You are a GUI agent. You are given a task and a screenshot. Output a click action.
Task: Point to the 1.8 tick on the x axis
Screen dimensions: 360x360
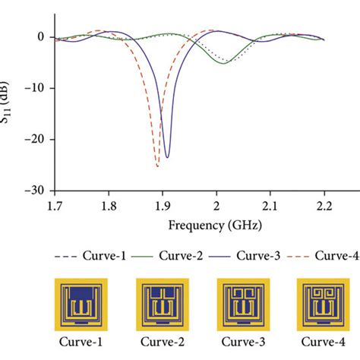click(109, 205)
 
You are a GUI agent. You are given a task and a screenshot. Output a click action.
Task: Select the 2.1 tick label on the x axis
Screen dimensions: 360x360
click(271, 205)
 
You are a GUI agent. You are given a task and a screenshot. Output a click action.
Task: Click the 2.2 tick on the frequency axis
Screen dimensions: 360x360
click(324, 205)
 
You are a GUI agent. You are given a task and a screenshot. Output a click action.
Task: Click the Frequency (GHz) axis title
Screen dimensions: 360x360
click(190, 226)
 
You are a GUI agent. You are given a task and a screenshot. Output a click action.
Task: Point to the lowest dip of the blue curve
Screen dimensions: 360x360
click(167, 157)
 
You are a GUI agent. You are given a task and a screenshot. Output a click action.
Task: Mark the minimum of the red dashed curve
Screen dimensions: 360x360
click(157, 166)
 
